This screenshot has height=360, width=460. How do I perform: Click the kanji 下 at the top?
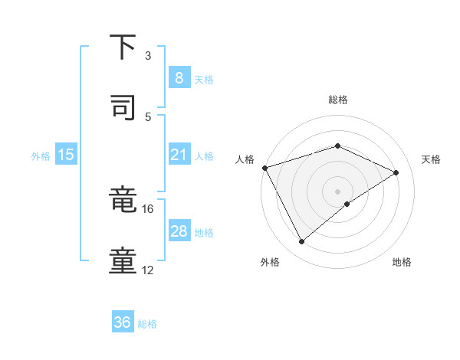pos(123,48)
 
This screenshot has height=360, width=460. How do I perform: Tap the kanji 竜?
pos(123,201)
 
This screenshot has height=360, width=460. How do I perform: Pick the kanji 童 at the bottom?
pos(123,261)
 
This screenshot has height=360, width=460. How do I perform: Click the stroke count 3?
pos(148,56)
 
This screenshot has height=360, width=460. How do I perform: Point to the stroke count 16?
pos(148,208)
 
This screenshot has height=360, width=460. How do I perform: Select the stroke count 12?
pos(148,270)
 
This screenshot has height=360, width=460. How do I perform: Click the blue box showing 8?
pos(179,77)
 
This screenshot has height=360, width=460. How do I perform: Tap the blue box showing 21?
pos(179,155)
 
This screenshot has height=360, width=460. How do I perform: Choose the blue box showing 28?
pos(179,231)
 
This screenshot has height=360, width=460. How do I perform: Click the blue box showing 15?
pos(66,155)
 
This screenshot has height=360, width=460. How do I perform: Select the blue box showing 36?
pos(122,322)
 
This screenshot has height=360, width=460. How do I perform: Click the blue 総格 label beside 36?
pos(147,324)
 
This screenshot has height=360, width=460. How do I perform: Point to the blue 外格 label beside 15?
pos(41,156)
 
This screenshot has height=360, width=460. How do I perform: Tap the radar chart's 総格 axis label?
pos(337,100)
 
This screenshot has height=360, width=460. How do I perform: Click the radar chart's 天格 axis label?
pos(431,159)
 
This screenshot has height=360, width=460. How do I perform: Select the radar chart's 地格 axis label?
pos(402,262)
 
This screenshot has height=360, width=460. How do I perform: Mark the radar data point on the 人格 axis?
pos(264,168)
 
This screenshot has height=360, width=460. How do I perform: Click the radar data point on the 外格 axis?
pos(301,242)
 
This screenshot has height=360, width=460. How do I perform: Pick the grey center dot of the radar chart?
pos(337,191)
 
